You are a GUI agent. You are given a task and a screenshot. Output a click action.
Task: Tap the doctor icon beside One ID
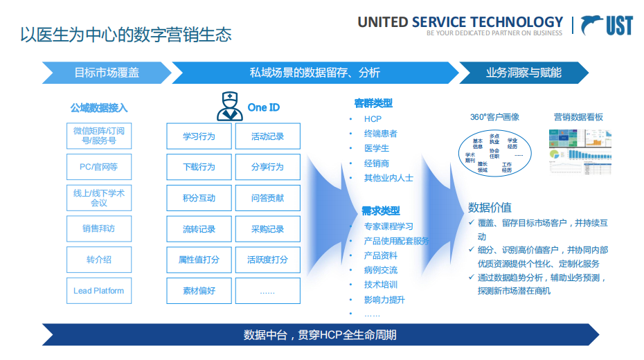click(230, 107)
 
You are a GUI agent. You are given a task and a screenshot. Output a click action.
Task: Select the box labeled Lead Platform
click(99, 291)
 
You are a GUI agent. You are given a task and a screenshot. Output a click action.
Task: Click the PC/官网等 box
click(99, 167)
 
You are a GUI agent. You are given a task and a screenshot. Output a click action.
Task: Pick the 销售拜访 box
click(99, 228)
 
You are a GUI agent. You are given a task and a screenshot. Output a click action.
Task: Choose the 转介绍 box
click(99, 260)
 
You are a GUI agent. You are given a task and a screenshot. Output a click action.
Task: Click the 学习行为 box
click(199, 136)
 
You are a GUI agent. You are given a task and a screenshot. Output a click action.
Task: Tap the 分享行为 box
click(267, 167)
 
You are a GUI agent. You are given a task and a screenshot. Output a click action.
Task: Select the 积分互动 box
click(199, 198)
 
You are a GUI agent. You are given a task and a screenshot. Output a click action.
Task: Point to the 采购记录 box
click(267, 229)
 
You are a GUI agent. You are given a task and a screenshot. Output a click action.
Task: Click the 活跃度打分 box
click(267, 260)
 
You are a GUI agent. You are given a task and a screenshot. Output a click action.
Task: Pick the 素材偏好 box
click(199, 291)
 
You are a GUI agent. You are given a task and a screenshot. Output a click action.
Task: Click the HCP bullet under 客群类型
click(373, 118)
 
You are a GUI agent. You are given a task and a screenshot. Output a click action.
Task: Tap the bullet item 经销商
click(377, 163)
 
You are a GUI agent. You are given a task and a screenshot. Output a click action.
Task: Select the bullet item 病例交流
click(381, 270)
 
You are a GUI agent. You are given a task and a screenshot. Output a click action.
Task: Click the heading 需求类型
click(380, 210)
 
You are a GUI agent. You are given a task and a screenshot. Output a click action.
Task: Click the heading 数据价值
click(490, 207)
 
